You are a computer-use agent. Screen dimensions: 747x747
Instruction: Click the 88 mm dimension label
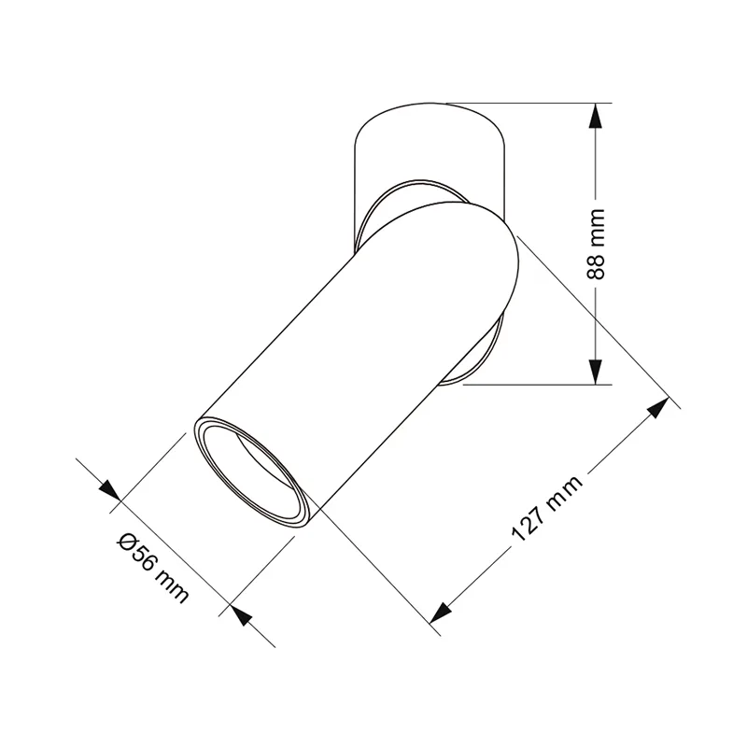tap(596, 244)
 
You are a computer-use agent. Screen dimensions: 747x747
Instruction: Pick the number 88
tap(596, 265)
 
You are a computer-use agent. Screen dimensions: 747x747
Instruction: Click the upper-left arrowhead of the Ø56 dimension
tap(109, 490)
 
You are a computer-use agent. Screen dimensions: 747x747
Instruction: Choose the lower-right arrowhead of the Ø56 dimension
tap(241, 616)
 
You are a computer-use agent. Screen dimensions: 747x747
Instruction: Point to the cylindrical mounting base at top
tap(430, 140)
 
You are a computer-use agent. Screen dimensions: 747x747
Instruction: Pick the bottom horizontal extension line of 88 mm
tap(537, 384)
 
